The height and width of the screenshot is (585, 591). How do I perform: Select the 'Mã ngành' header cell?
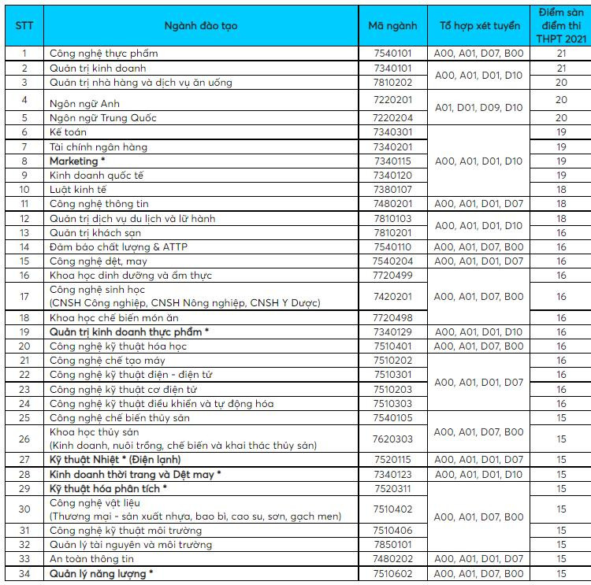pyautogui.click(x=392, y=26)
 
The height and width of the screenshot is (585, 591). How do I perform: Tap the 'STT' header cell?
pyautogui.click(x=24, y=26)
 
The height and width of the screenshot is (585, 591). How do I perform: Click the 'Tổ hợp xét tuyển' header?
pyautogui.click(x=479, y=26)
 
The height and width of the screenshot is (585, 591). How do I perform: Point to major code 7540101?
pyautogui.click(x=392, y=54)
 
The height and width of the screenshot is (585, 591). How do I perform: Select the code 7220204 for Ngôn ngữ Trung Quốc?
pyautogui.click(x=392, y=118)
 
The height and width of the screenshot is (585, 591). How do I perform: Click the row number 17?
pyautogui.click(x=24, y=297)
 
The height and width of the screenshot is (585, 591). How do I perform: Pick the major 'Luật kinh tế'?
pyautogui.click(x=78, y=190)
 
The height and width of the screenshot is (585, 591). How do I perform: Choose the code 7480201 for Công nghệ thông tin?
pyautogui.click(x=392, y=204)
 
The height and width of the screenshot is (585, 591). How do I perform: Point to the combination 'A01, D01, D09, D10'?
pyautogui.click(x=479, y=107)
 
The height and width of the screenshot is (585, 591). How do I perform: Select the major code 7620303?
pyautogui.click(x=392, y=439)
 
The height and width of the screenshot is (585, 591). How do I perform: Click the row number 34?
pyautogui.click(x=24, y=574)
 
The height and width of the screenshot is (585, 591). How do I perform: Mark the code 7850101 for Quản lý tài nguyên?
pyautogui.click(x=392, y=545)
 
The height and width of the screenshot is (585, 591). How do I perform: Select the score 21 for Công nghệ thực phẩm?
pyautogui.click(x=561, y=54)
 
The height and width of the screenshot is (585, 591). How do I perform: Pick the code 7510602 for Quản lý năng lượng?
pyautogui.click(x=392, y=574)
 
